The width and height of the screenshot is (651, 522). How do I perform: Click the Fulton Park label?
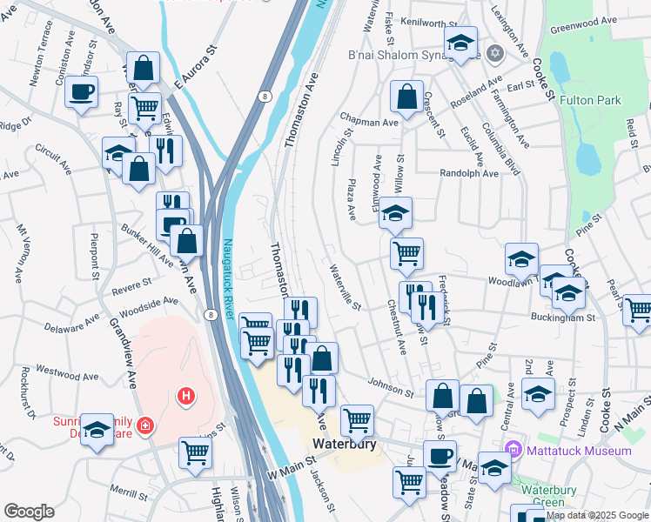pyautogui.click(x=590, y=100)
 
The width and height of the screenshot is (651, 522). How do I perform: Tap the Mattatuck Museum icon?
pyautogui.click(x=513, y=450)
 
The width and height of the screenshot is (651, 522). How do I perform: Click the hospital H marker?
pyautogui.click(x=185, y=397)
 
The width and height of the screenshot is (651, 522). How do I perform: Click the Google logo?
pyautogui.click(x=29, y=512)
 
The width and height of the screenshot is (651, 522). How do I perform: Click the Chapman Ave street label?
pyautogui.click(x=369, y=123)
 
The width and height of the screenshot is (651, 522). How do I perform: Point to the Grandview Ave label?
pyautogui.click(x=121, y=352)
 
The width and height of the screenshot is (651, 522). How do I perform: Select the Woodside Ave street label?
pyautogui.click(x=149, y=304)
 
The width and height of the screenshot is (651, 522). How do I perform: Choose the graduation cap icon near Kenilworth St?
pyautogui.click(x=460, y=41)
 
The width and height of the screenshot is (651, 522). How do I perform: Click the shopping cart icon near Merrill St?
pyautogui.click(x=195, y=452)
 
